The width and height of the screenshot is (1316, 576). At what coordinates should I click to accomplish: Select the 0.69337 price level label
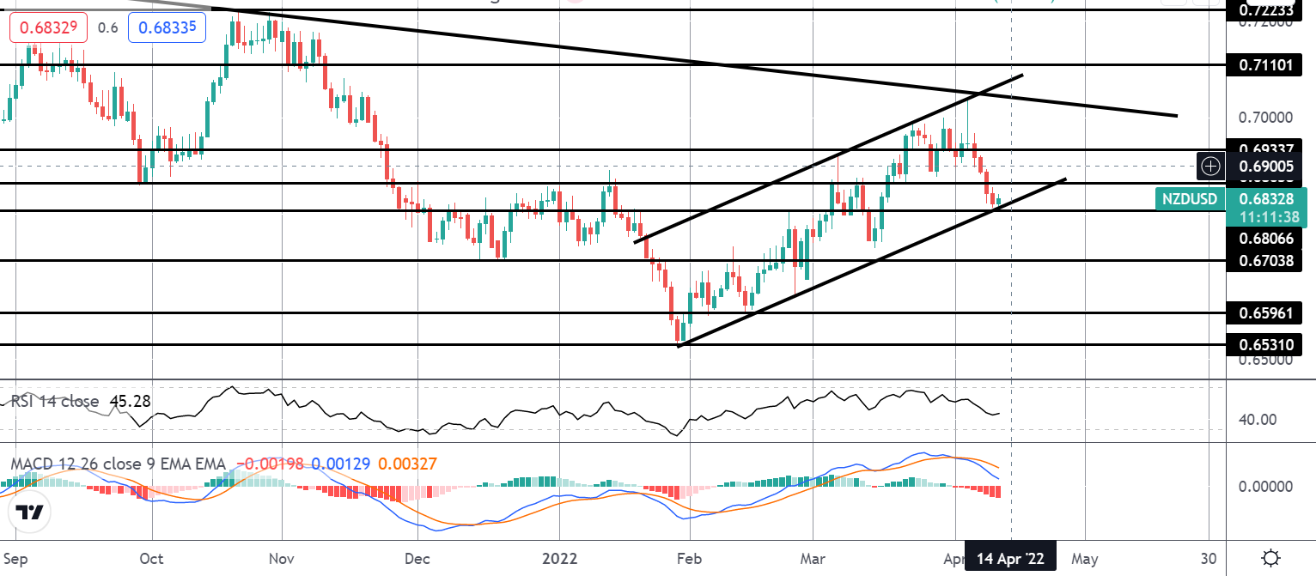[1264, 149]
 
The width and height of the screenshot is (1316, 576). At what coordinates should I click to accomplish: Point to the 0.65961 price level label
[1264, 312]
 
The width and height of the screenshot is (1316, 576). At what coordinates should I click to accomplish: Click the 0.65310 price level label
[1264, 345]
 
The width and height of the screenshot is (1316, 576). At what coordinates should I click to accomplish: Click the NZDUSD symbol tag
[1190, 200]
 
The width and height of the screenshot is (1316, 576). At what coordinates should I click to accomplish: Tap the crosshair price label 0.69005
[1265, 164]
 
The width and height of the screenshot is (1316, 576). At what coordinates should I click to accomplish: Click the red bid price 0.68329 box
[49, 27]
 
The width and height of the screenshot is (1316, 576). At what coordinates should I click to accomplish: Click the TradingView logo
[29, 512]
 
